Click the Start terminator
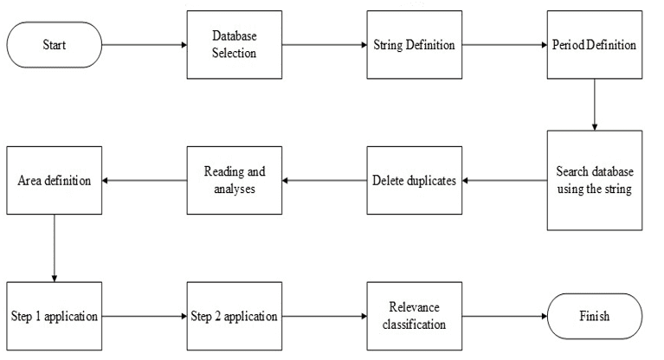(x=54, y=45)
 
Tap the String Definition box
(x=414, y=44)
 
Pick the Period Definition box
(x=594, y=44)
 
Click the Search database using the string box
(x=594, y=180)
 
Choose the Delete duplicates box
(x=414, y=180)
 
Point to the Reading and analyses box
(x=235, y=180)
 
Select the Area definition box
(x=54, y=180)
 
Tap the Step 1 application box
(x=54, y=316)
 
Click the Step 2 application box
(x=235, y=316)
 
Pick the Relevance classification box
(x=414, y=316)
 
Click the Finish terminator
(x=594, y=316)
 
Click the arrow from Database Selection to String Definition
(x=324, y=45)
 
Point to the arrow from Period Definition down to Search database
(x=594, y=104)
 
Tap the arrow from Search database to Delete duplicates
(x=504, y=180)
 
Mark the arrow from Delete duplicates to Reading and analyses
(x=324, y=180)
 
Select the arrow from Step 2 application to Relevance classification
(x=324, y=316)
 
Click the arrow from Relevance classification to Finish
(x=504, y=316)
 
